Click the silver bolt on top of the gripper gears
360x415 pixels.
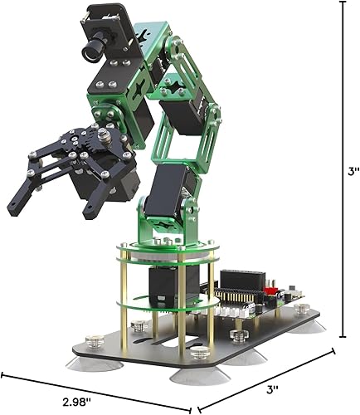pyautogui.click(x=102, y=134)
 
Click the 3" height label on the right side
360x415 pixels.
pyautogui.click(x=353, y=172)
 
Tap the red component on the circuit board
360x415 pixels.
pyautogui.click(x=270, y=292)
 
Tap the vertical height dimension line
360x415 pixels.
pyautogui.click(x=341, y=166)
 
